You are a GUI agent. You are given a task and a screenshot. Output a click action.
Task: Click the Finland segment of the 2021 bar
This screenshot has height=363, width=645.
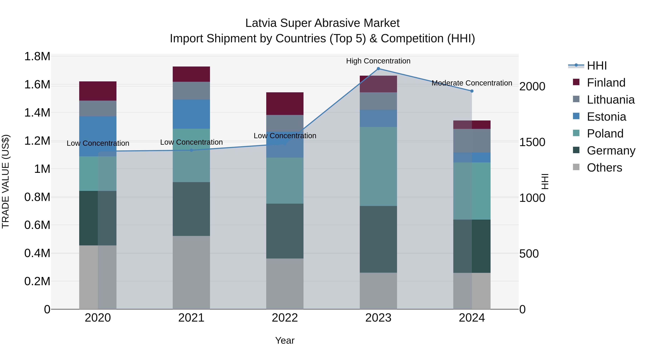[x=191, y=74]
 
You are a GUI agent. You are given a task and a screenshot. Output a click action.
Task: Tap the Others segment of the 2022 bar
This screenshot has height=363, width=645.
[x=285, y=284]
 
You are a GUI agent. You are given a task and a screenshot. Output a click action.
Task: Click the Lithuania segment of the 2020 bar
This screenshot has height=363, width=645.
[x=98, y=108]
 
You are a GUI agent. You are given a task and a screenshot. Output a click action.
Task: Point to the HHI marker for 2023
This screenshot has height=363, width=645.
[x=378, y=69]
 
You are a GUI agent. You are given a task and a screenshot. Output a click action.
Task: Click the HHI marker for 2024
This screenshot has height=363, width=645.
[x=472, y=91]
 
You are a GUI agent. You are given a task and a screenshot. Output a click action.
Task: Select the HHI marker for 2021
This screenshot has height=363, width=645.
[x=191, y=150]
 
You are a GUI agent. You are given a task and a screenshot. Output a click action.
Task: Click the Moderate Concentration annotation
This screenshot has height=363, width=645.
[x=472, y=83]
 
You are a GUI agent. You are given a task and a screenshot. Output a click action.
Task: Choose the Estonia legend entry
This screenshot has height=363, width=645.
[x=606, y=117]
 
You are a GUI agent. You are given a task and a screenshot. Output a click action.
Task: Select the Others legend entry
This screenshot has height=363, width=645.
[x=604, y=168]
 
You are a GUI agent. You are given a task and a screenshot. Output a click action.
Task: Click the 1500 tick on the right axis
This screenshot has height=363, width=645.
[x=532, y=142]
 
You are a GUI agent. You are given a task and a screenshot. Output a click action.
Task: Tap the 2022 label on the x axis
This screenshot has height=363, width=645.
[x=285, y=318]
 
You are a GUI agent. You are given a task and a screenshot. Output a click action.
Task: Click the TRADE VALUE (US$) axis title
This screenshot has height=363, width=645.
[x=6, y=181]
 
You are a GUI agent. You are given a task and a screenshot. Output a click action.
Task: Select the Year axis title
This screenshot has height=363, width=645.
[x=285, y=340]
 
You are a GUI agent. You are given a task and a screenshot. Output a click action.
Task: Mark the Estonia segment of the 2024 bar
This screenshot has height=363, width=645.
[x=472, y=157]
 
